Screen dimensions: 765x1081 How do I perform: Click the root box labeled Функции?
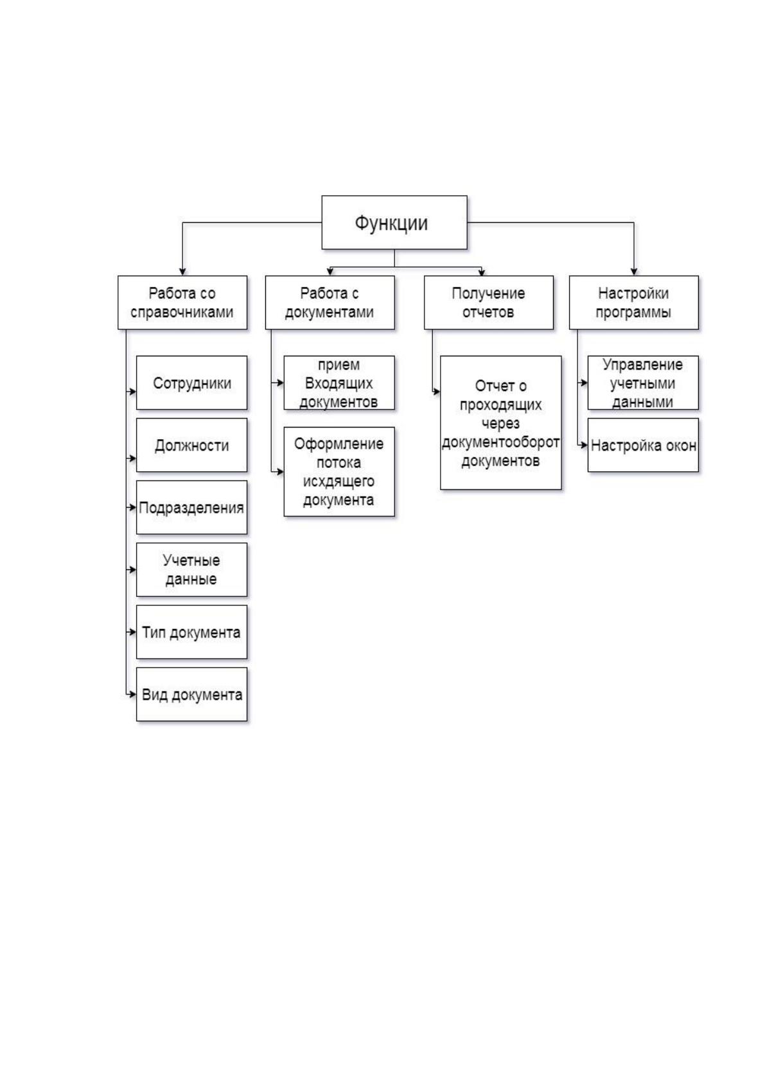394,223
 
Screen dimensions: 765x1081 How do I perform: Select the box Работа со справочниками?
182,302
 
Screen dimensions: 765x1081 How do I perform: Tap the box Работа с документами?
330,302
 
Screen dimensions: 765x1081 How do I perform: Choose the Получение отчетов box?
489,302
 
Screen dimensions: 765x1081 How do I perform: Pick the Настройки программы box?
633,302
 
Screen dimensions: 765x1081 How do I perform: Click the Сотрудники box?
192,383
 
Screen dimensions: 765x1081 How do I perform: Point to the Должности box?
192,445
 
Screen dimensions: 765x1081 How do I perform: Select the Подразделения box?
192,507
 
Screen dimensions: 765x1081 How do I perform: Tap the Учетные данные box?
192,569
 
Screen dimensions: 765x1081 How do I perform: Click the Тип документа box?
192,632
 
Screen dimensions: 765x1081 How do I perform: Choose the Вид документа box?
192,695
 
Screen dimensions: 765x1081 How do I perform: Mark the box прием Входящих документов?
339,383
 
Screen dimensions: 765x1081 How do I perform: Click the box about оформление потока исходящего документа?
339,471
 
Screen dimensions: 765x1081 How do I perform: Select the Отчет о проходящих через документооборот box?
501,423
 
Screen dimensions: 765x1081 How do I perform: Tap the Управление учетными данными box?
643,383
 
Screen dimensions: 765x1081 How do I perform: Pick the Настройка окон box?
643,445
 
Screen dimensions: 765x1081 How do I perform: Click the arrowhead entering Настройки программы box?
633,272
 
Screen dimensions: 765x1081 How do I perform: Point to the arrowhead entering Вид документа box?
133,695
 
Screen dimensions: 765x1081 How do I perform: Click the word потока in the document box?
339,462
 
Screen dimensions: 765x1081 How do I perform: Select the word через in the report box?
500,424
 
